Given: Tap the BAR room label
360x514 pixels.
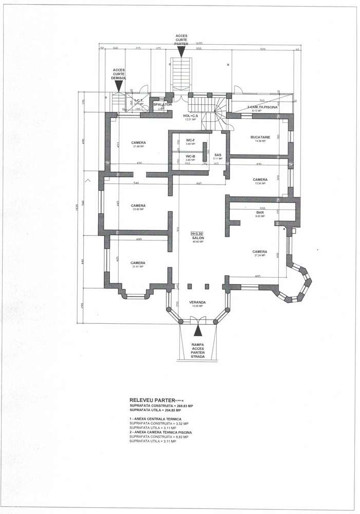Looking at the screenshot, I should (260, 212).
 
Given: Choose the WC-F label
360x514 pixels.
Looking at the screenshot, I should (190, 141).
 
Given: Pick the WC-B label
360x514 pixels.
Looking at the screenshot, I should (190, 156).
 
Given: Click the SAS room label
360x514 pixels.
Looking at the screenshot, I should (218, 155).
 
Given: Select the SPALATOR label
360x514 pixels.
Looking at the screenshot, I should (163, 104).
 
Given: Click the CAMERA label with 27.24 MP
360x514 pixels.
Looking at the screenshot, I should (259, 252).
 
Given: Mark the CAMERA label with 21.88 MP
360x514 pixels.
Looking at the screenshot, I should (138, 142).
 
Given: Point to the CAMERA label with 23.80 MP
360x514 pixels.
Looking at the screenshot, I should (138, 206).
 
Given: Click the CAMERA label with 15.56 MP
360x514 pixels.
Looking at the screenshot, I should (260, 180).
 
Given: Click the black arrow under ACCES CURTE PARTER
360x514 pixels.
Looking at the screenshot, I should (182, 51).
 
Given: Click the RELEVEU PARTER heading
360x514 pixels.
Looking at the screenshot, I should (152, 399).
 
